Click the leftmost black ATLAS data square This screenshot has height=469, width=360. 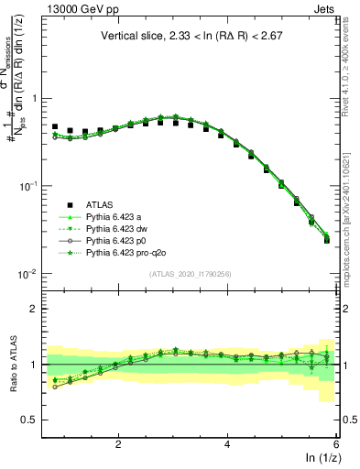[55, 126]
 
